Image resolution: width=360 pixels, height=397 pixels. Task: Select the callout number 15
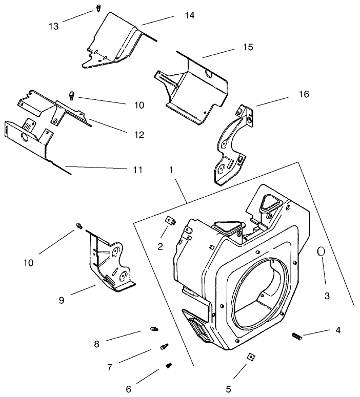(248, 47)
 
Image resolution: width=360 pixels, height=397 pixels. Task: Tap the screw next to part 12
(72, 94)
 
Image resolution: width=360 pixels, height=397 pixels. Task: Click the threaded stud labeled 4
(297, 336)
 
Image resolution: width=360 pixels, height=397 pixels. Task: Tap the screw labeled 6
(169, 365)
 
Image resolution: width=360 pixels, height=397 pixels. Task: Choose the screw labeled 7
(164, 347)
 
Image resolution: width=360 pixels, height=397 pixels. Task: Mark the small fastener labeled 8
(153, 328)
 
